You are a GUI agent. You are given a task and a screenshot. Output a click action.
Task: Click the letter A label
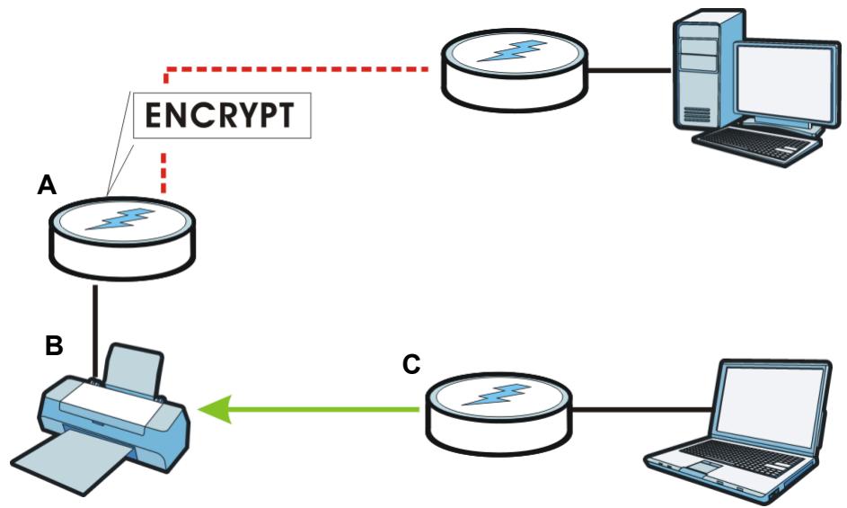point(47,185)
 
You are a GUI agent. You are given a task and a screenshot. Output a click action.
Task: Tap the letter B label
point(54,345)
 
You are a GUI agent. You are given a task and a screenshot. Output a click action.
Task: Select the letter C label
point(411,364)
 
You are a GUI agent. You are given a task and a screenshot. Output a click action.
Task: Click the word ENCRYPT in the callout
point(220,115)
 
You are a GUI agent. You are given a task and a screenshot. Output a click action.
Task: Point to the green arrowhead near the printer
point(216,409)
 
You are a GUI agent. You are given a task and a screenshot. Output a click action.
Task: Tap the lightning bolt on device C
point(496,395)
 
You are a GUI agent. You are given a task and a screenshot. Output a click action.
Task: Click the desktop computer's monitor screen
point(782,83)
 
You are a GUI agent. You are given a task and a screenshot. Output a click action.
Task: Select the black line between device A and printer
point(95,331)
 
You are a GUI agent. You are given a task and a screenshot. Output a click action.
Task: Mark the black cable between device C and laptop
point(640,410)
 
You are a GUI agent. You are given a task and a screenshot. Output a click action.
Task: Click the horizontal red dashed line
point(297,69)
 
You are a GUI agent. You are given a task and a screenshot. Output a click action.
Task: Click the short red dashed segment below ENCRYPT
point(163,173)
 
